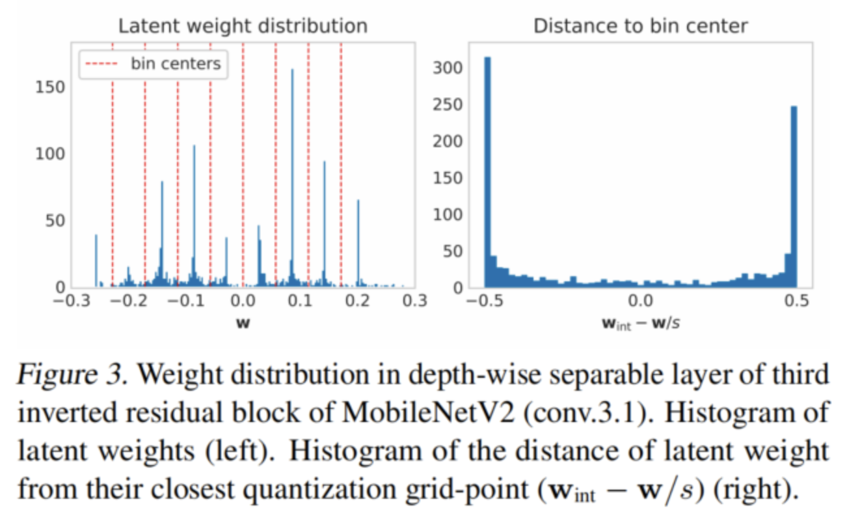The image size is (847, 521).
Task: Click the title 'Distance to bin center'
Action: click(x=641, y=26)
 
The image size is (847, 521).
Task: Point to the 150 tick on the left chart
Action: click(x=53, y=87)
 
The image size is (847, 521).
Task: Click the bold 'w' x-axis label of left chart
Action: click(x=242, y=321)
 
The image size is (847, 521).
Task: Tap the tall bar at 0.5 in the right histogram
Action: click(x=794, y=195)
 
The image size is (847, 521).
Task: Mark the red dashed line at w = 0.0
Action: click(x=243, y=163)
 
